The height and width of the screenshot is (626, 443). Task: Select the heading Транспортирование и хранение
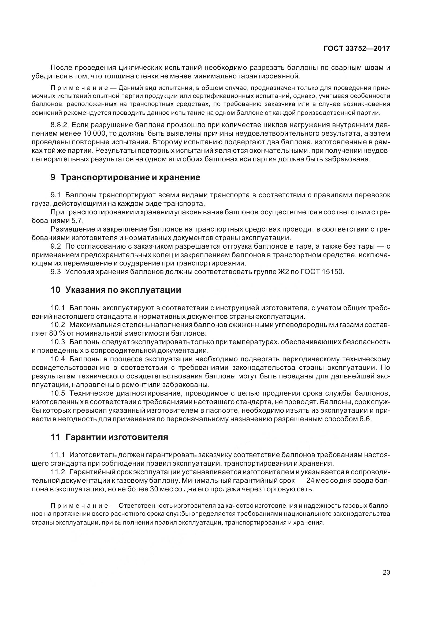[x=130, y=177]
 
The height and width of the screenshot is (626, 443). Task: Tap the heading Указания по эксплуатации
[x=123, y=290]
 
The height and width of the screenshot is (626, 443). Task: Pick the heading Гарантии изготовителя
[x=117, y=437]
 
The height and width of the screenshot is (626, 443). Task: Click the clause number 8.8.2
[x=59, y=125]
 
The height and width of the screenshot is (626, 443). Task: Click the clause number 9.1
[x=55, y=195]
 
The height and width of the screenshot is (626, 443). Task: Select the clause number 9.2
[x=55, y=246]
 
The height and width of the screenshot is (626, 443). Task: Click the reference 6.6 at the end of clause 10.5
[x=366, y=419]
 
